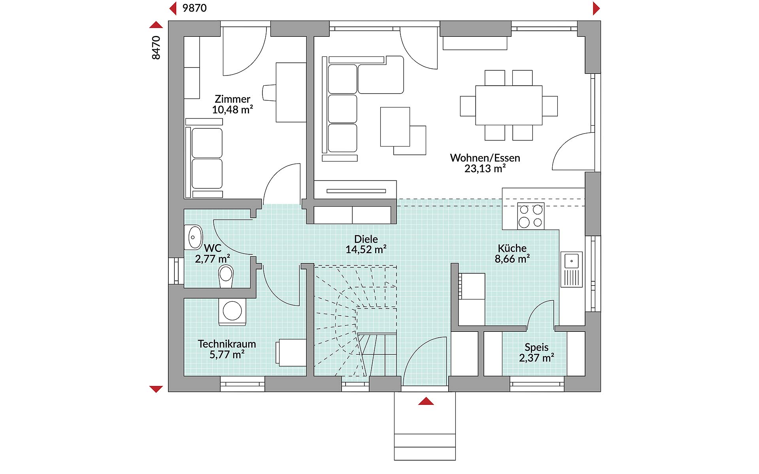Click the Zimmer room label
(x=232, y=99)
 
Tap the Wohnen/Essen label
(x=485, y=158)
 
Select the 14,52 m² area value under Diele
(x=366, y=250)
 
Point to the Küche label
(x=512, y=248)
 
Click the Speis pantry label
(x=536, y=347)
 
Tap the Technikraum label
(x=227, y=344)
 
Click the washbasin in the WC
(x=193, y=237)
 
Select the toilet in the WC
(x=226, y=276)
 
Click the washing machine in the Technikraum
(x=232, y=312)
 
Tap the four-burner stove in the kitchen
(x=531, y=216)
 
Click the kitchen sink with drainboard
(x=572, y=269)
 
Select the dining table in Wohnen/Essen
(x=509, y=105)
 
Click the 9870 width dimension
(x=194, y=8)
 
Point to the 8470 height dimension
(x=156, y=48)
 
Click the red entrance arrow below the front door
(x=426, y=401)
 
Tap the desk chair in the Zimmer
(x=270, y=93)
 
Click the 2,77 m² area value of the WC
(x=213, y=259)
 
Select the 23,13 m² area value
(x=485, y=169)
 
